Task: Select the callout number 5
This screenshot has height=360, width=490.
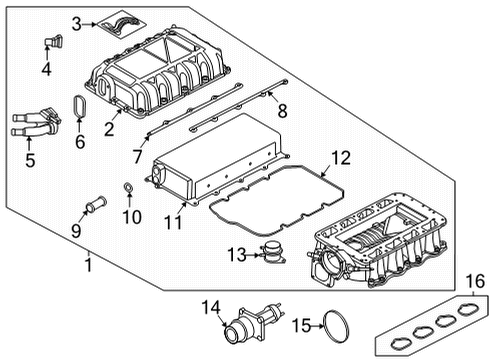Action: pyautogui.click(x=29, y=159)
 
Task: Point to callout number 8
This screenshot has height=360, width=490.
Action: pyautogui.click(x=282, y=109)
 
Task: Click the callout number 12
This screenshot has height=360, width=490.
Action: pyautogui.click(x=341, y=157)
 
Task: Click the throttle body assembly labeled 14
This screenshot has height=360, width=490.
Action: pyautogui.click(x=250, y=323)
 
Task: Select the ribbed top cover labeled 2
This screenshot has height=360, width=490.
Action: pyautogui.click(x=165, y=80)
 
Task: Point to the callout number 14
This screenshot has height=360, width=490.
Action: pyautogui.click(x=210, y=305)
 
